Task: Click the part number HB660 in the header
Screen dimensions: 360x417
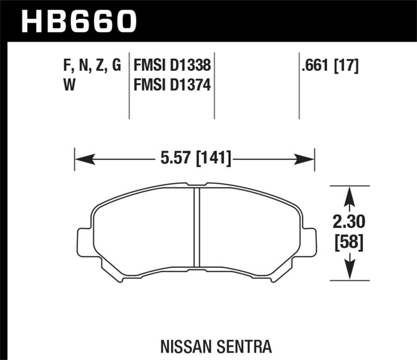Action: tap(78, 20)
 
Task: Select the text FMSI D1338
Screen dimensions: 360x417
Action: tap(172, 66)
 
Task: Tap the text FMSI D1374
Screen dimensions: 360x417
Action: tap(172, 84)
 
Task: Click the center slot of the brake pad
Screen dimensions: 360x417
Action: tap(198, 227)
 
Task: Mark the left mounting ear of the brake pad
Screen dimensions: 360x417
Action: tap(83, 242)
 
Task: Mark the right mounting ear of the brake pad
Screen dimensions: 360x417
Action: tap(310, 242)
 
